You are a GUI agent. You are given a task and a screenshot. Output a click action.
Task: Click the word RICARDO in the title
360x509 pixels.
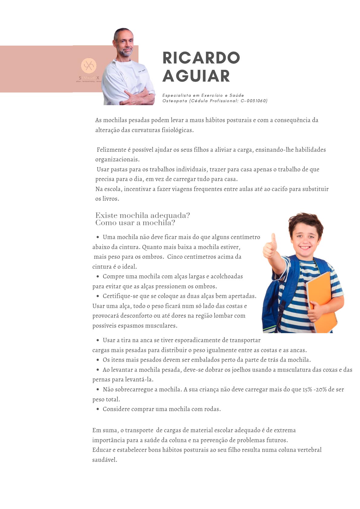[x=201, y=58]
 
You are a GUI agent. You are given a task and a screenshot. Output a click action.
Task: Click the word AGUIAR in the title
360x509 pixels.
[x=196, y=76]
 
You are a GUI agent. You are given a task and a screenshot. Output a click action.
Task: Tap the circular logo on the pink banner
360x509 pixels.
[x=89, y=66]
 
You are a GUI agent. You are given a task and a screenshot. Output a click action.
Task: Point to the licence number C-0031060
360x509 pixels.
[x=254, y=101]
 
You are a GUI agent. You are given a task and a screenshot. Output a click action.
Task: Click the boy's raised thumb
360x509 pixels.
[x=274, y=239]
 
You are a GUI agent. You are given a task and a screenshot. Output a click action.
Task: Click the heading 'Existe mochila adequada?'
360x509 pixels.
[x=142, y=215]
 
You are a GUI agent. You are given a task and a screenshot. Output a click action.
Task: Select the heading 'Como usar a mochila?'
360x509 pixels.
[x=135, y=223]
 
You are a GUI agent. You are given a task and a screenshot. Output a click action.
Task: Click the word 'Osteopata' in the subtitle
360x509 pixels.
[x=175, y=101]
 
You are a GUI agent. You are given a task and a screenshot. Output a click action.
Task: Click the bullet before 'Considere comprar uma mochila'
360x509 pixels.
[x=98, y=409]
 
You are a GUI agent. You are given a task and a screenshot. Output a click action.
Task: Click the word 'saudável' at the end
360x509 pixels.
[x=104, y=460]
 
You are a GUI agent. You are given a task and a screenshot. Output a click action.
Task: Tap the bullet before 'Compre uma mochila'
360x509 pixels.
[x=98, y=276]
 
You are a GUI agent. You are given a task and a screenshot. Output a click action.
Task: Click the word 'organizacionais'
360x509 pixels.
[x=117, y=159]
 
